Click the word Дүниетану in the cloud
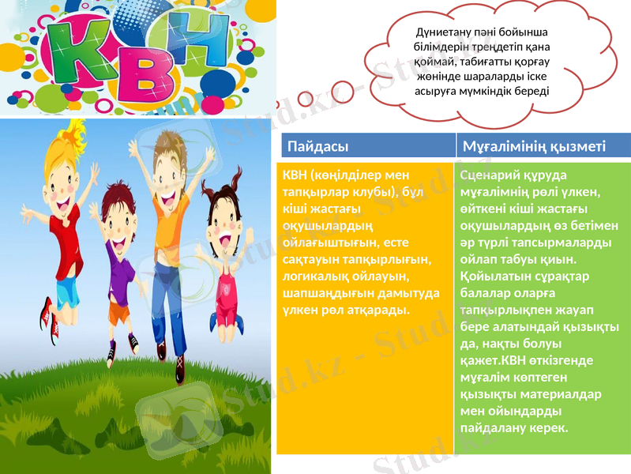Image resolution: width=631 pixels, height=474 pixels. click(x=445, y=32)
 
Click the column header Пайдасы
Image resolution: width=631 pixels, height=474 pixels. click(x=318, y=146)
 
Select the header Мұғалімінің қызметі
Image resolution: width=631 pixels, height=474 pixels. click(x=534, y=146)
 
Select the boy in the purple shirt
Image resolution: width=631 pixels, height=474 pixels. click(x=120, y=269)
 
